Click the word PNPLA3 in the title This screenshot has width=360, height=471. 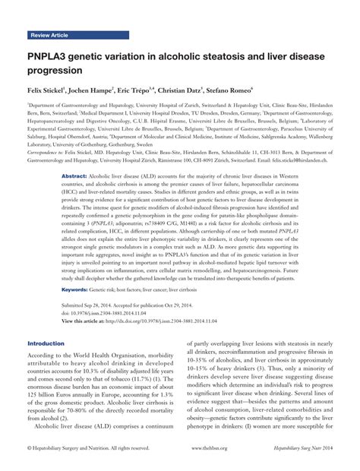(53, 56)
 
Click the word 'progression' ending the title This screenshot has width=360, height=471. (55, 71)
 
